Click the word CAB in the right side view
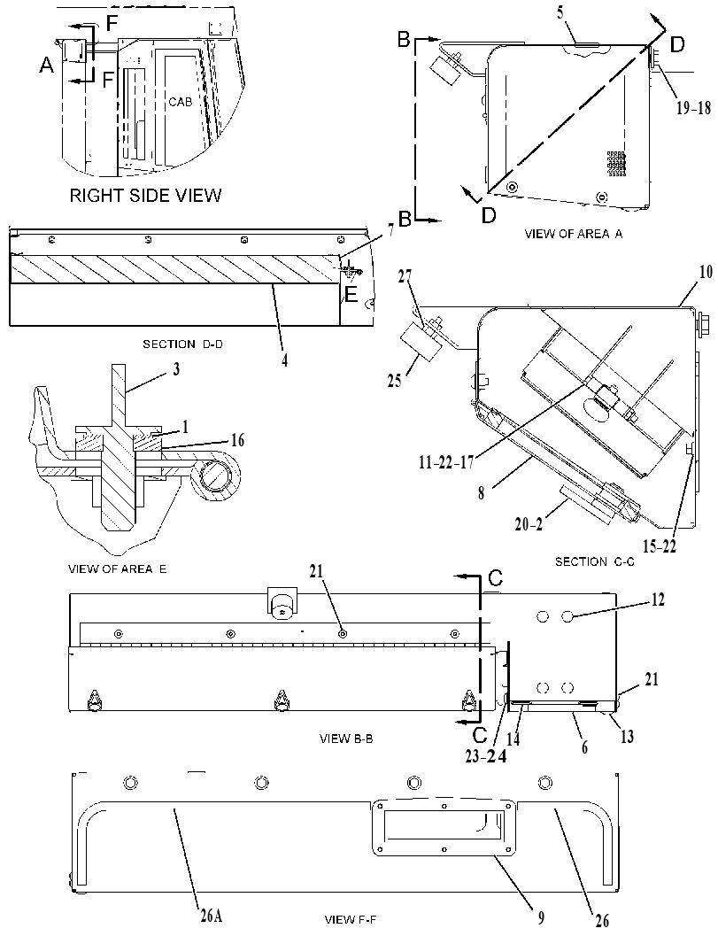pos(181,102)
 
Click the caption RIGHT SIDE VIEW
pos(145,195)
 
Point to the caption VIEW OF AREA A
pos(573,234)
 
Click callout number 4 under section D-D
pos(285,360)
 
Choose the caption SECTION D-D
pos(182,344)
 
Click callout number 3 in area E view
pos(175,369)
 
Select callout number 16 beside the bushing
pos(237,440)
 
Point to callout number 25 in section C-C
pos(395,380)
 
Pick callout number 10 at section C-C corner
pos(706,272)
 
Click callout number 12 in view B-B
pos(657,598)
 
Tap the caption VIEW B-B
pos(346,739)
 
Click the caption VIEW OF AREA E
pos(118,569)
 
